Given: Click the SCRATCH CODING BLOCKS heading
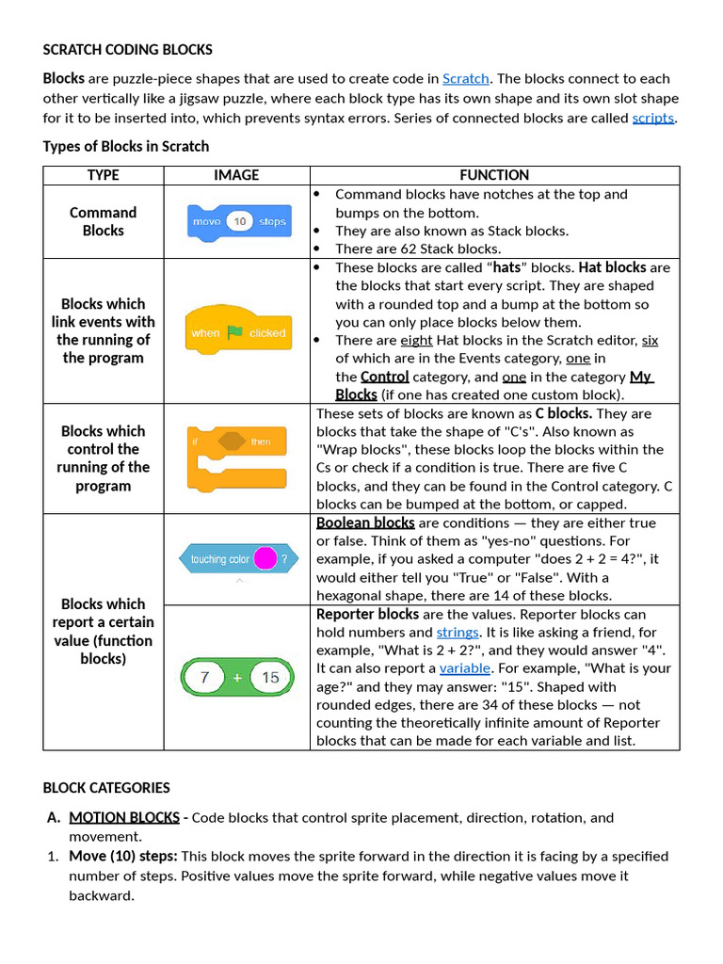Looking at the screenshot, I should point(128,50).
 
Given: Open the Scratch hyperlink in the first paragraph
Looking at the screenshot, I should point(465,79).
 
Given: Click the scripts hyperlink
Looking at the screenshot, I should point(653,119).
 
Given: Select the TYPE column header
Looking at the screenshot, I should point(104,175).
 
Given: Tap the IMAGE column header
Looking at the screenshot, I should point(236,175).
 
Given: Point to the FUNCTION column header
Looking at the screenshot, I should point(494,175).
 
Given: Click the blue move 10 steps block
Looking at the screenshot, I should point(238,221).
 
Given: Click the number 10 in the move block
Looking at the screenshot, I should point(240,222).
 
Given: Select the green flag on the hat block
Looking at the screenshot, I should point(234,332).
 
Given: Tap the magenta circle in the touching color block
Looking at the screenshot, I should point(265,559).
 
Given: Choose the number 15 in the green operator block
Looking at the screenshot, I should point(270,678).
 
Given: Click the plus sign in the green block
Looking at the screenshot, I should point(237,678).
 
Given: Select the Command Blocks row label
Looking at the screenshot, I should point(104,221).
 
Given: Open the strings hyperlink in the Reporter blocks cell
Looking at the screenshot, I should point(458,633).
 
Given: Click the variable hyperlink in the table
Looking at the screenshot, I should point(465,668).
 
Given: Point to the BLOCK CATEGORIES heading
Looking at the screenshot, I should point(106,788).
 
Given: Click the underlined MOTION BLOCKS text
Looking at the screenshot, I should point(124,817).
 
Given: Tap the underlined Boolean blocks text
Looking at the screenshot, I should point(365,523).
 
